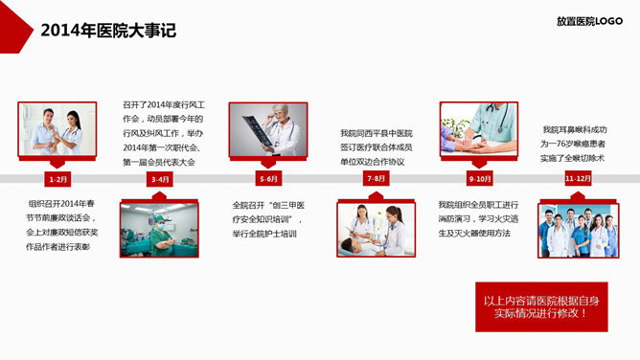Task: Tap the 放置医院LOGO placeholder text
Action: coord(589,21)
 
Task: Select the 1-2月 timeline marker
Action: coord(58,179)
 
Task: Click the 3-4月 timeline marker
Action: coord(160,179)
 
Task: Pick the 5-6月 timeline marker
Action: coord(269,179)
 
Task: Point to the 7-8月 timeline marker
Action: coord(377,179)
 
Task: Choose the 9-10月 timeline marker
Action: coord(479,179)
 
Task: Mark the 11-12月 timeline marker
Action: coord(578,179)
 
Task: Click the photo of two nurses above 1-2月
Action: coord(57,129)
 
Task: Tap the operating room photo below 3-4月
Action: coord(159,229)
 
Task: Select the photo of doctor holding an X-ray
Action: coord(268,129)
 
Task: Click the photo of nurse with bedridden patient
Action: coord(377,229)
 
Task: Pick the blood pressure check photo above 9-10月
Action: coord(479,129)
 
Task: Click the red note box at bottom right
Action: coord(540,306)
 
